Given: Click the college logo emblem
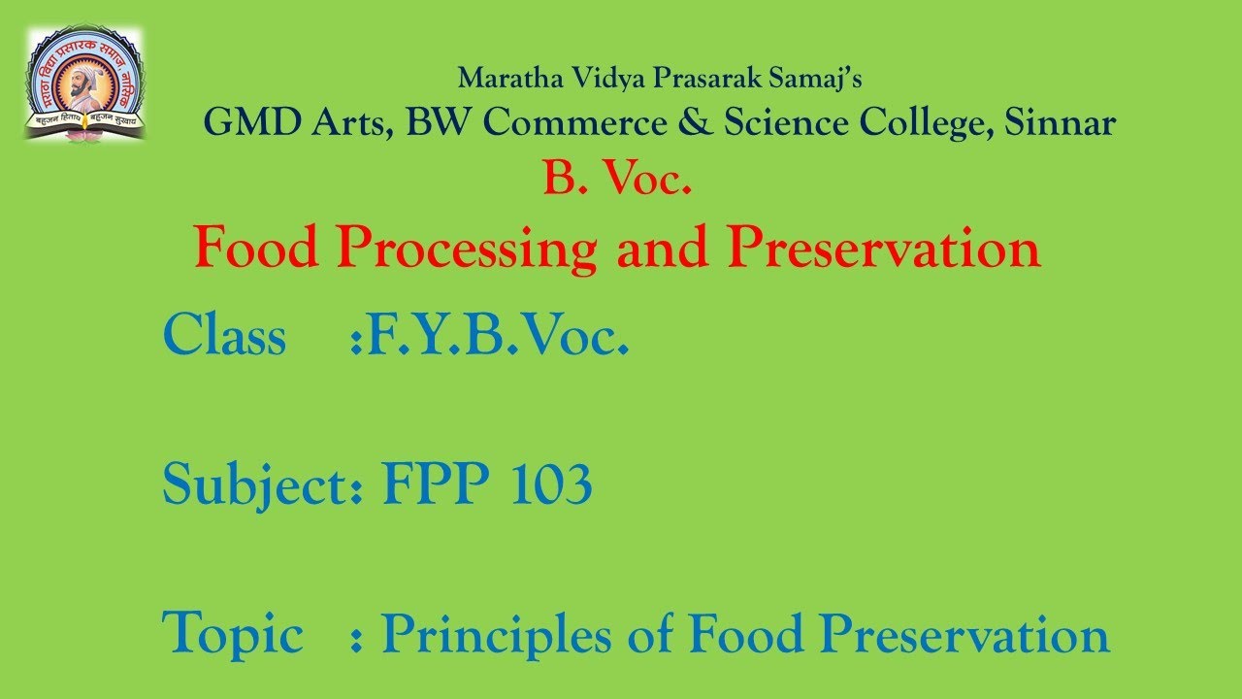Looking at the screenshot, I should point(84,83).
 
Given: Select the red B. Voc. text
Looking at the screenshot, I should point(617,181).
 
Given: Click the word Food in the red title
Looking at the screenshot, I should point(256,248).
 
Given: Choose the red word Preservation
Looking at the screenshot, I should point(884,248).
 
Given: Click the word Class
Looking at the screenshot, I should point(224,337).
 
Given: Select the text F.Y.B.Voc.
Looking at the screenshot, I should point(490,337).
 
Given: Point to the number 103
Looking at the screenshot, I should point(549,483).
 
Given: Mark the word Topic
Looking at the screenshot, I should point(233,635).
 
